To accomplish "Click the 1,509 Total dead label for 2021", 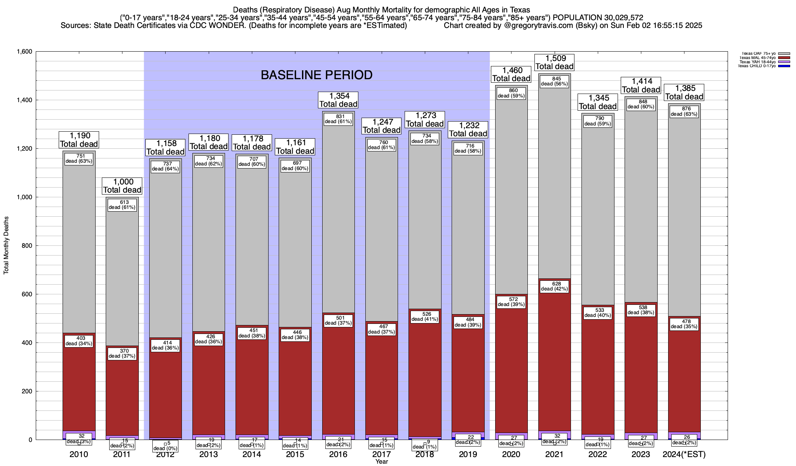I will point(554,62).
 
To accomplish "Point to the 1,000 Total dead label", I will point(122,186).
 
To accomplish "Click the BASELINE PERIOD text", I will point(316,75).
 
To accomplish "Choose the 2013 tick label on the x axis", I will point(208,454).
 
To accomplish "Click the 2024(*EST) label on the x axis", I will point(684,454).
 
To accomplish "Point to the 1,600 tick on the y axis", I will point(24,52).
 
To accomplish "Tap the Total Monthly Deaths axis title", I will point(6,245).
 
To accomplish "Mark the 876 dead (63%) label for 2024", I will point(684,111).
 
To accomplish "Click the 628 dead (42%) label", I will point(554,286).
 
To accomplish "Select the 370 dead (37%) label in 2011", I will point(122,353).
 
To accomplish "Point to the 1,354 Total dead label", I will point(338,100).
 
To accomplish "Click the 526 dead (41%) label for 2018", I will point(424,316).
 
